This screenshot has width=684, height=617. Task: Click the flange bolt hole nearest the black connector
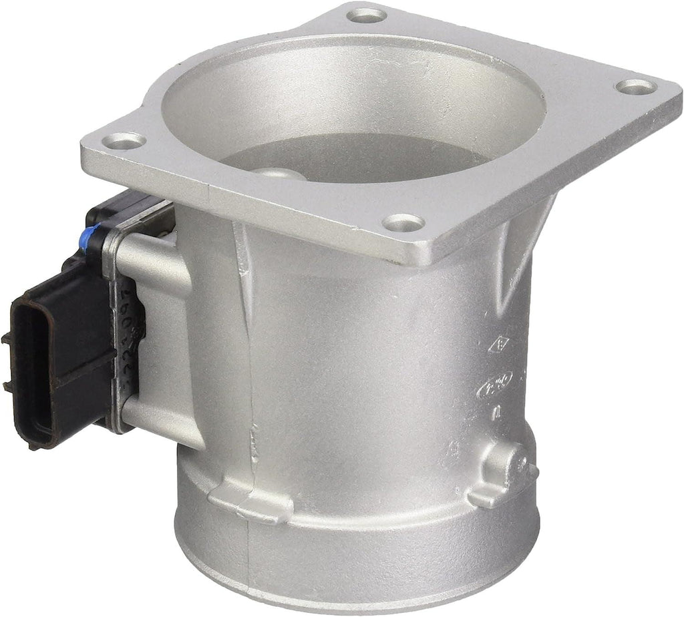(x=126, y=140)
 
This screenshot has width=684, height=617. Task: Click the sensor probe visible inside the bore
(x=281, y=174)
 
